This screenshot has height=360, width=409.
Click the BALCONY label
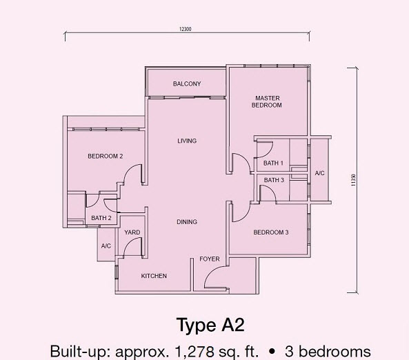point(187,84)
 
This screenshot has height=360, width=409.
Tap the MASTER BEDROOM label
point(266,101)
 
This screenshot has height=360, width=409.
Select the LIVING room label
point(187,141)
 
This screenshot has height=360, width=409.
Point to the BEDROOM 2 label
point(106,156)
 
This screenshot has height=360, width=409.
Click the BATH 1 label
point(273,163)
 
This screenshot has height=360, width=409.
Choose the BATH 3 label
point(273,180)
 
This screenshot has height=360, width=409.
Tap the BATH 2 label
point(101,219)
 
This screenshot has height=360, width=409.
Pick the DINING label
point(187,222)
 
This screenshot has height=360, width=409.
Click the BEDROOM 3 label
point(271,232)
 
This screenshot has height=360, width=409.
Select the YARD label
point(132,232)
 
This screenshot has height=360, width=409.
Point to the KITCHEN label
point(154,276)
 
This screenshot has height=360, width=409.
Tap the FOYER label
point(210,259)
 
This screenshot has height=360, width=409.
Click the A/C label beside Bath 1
point(320,173)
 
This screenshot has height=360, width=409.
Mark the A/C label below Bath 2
point(106,246)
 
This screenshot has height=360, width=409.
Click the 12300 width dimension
point(183,28)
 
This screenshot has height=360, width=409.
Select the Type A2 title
point(210,325)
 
